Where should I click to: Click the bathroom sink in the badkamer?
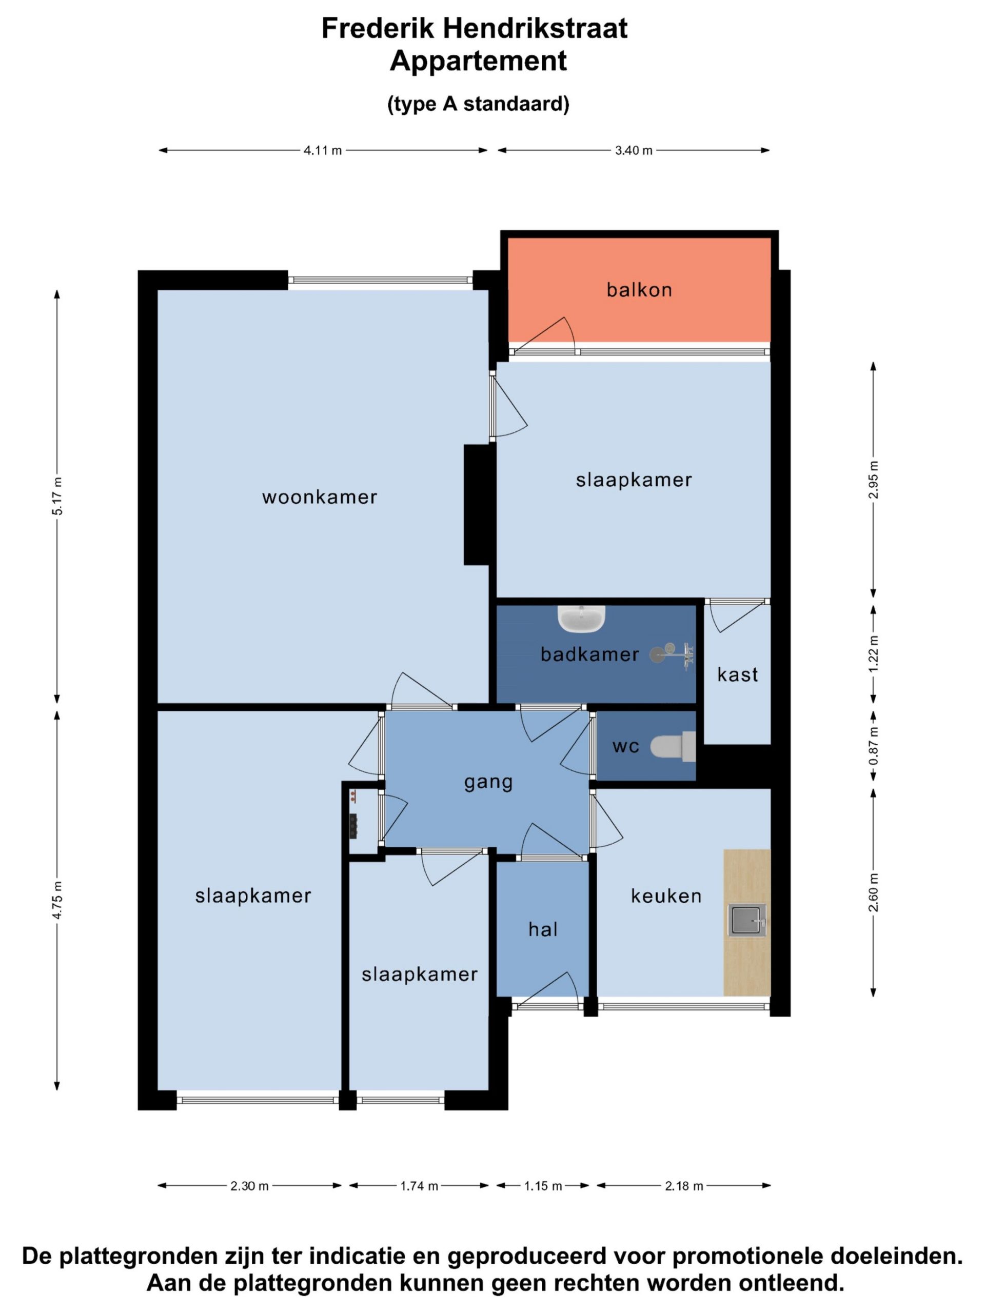pos(581,619)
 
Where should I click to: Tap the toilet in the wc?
pos(673,747)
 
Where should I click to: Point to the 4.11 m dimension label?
pos(323,151)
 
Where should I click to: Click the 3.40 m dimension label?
pos(634,151)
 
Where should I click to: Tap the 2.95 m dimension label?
pos(873,480)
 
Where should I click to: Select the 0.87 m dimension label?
pos(873,746)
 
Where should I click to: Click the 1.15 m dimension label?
pos(543,1186)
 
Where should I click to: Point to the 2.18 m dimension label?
pos(684,1186)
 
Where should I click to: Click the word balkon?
pos(639,290)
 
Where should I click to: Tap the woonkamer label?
pos(320,497)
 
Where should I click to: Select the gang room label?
pos(488,782)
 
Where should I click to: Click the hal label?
pos(543,929)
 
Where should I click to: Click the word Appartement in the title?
pos(479,61)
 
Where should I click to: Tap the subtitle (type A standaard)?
pos(479,104)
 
